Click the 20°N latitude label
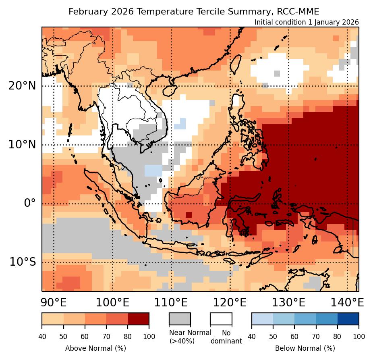point(22,85)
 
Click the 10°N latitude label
point(22,144)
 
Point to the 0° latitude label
point(30,203)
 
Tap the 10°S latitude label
point(23,262)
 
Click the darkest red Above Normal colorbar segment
point(138,318)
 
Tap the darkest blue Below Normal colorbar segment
point(348,318)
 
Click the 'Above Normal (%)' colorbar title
point(95,348)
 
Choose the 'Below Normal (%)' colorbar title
point(305,348)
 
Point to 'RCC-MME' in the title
point(300,11)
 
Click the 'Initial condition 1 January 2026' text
point(307,22)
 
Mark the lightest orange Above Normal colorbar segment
point(53,318)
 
